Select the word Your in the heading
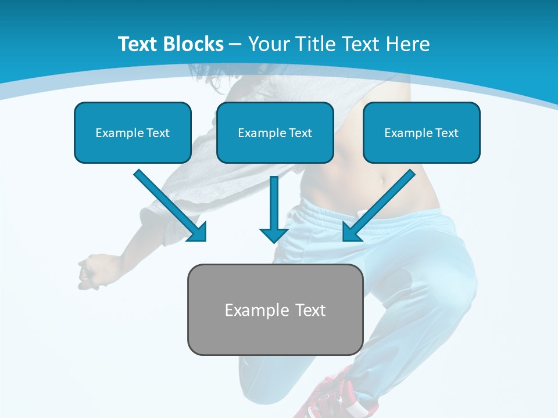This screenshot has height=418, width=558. tap(269, 44)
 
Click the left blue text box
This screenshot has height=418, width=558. tap(133, 148)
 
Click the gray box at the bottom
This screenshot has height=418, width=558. tap(275, 334)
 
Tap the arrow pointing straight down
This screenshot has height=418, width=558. tap(274, 209)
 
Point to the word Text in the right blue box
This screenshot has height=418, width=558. tap(446, 133)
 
